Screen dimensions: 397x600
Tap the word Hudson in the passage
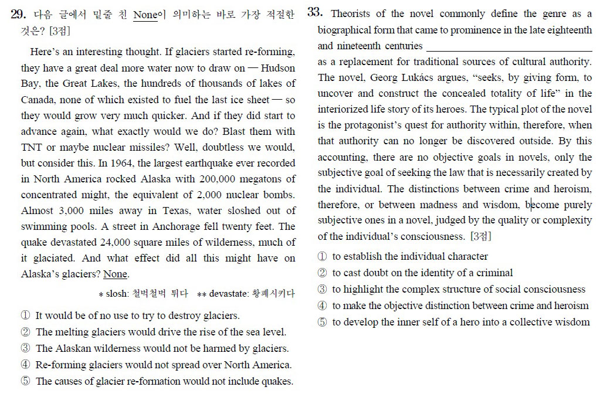(277, 68)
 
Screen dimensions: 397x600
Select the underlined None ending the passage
(115, 274)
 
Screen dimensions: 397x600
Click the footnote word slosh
(116, 293)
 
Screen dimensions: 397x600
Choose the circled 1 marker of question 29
(25, 315)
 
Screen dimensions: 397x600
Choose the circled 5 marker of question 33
(323, 322)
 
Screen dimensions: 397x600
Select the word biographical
(347, 29)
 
